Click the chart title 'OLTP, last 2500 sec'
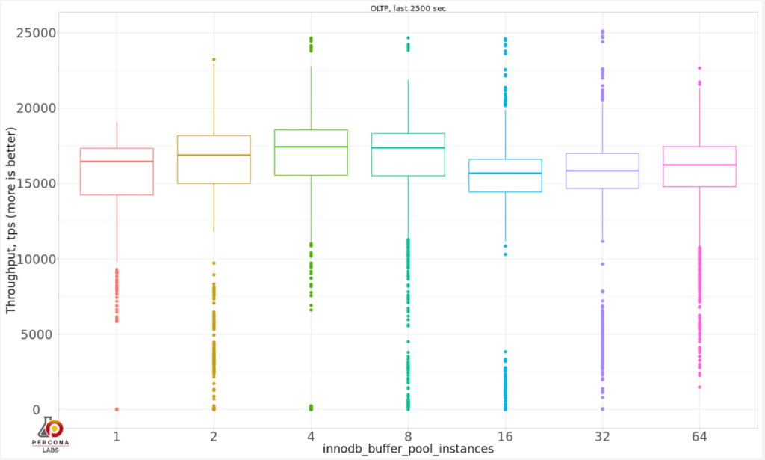(408, 8)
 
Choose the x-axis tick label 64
(699, 436)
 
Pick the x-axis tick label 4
(311, 436)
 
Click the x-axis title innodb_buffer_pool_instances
(408, 449)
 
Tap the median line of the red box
(117, 162)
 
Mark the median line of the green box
(311, 147)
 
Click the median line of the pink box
(699, 165)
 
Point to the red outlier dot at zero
(117, 409)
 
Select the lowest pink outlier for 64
(699, 387)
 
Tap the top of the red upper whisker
(117, 123)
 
